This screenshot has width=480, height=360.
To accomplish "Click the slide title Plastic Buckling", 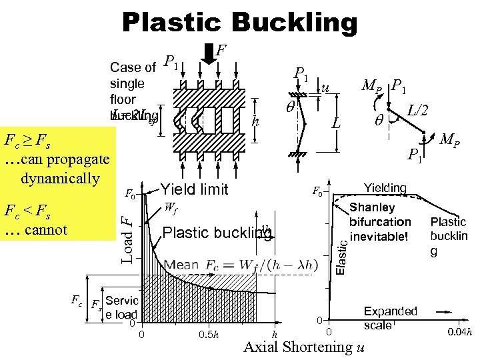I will click(x=239, y=23).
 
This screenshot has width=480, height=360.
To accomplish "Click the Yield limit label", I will click(x=194, y=190).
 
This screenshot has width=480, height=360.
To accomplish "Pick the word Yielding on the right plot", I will click(x=385, y=188).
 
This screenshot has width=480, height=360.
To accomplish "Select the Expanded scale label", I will click(x=390, y=318).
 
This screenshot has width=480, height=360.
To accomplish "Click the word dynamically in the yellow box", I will click(x=60, y=178).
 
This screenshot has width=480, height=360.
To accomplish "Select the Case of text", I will click(x=133, y=67).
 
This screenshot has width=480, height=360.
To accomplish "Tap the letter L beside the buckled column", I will click(x=337, y=124).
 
